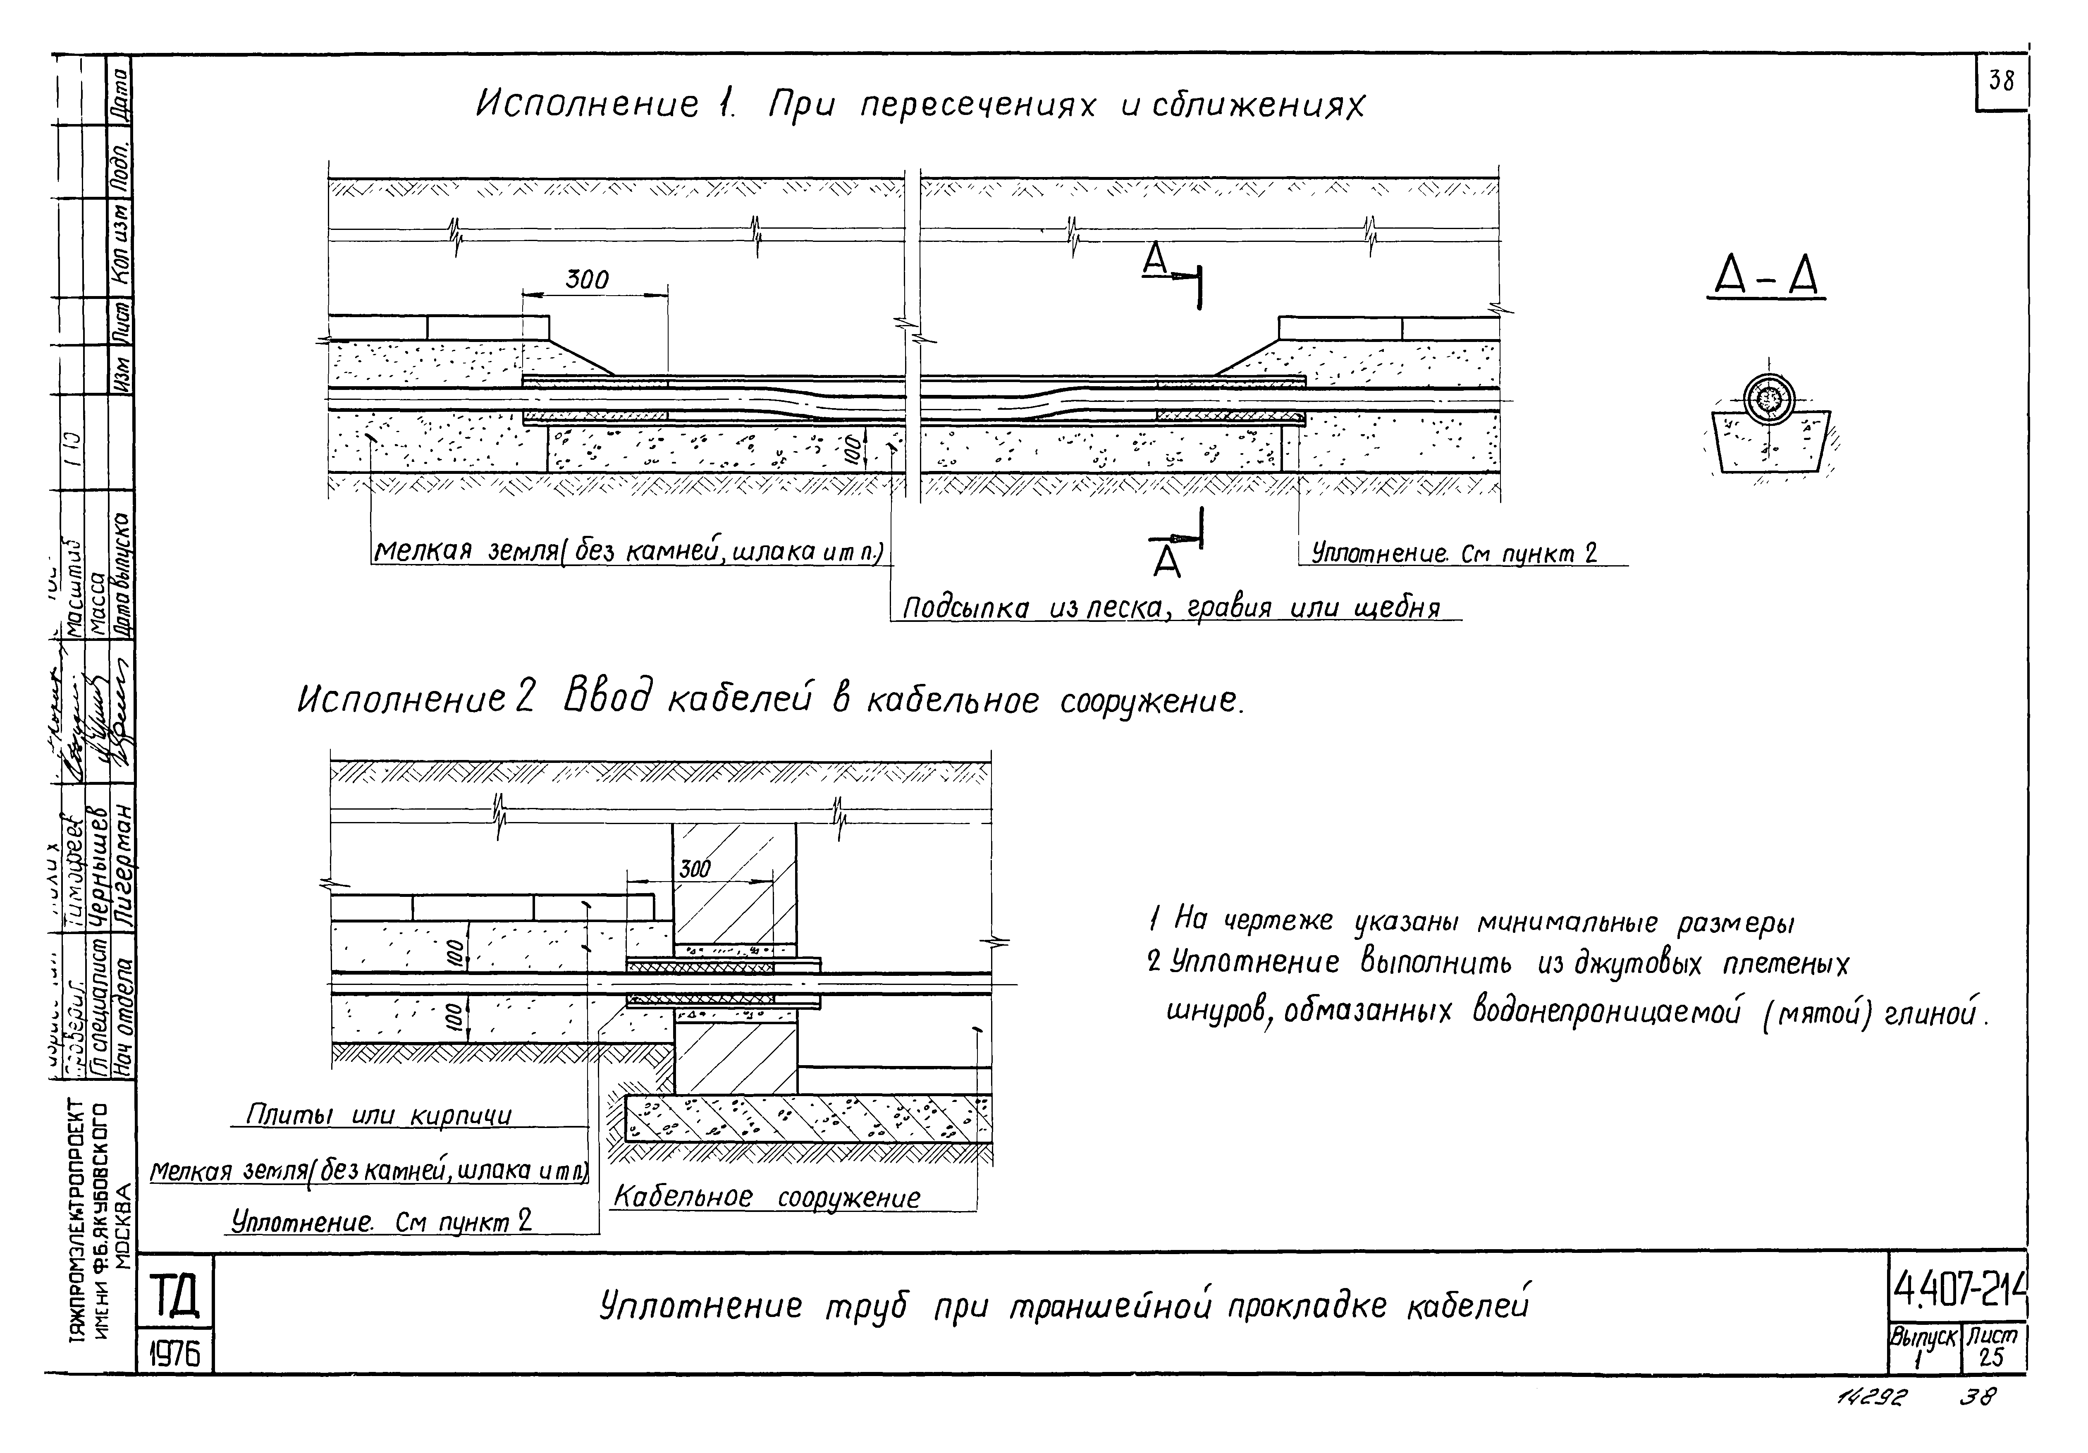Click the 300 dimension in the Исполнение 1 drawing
(587, 280)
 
